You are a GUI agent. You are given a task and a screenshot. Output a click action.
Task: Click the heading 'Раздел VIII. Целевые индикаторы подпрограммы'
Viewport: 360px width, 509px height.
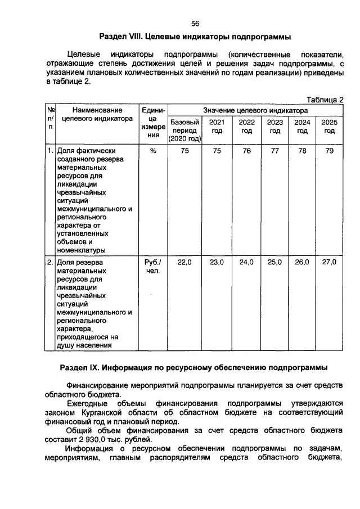[x=195, y=37]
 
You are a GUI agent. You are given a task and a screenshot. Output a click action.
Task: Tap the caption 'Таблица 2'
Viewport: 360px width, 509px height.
[x=325, y=99]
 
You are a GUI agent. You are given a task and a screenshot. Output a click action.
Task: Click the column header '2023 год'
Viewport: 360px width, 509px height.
[x=274, y=127]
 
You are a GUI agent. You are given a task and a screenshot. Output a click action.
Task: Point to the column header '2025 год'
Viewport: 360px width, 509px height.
[x=329, y=127]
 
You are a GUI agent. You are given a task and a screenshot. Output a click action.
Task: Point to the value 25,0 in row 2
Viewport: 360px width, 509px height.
[x=274, y=262]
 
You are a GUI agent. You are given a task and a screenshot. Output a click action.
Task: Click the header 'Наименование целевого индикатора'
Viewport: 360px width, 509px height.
[x=96, y=114]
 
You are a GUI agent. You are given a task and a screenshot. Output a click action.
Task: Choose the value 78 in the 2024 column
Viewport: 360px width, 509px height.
[x=302, y=151]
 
